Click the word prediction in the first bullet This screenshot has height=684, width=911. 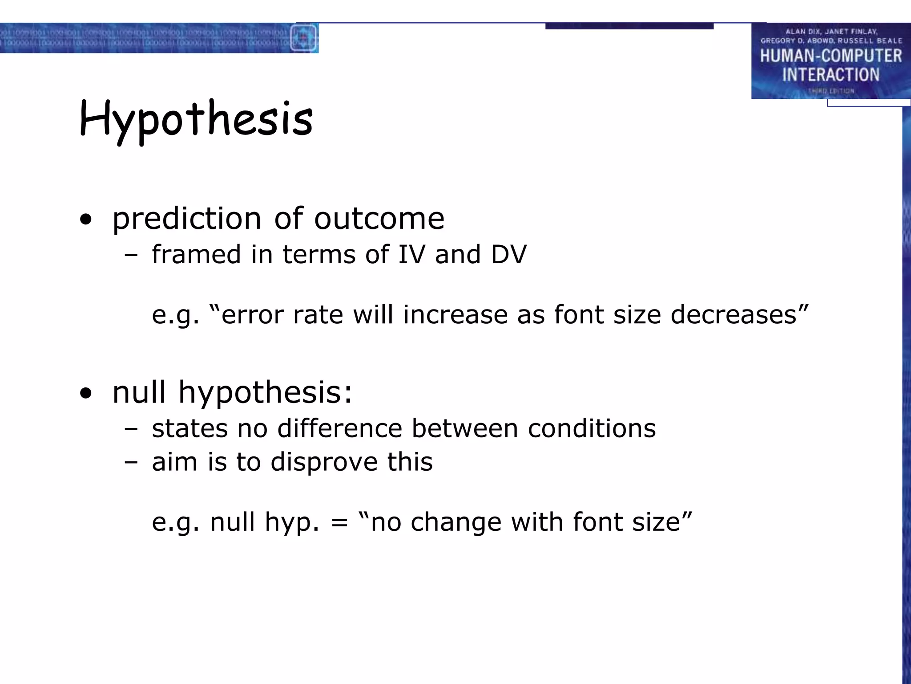click(187, 219)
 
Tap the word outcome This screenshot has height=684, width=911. click(379, 219)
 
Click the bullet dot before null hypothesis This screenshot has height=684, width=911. click(86, 393)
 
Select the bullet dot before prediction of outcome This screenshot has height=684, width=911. click(86, 219)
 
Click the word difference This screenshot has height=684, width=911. click(339, 428)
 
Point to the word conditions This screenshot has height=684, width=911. click(592, 428)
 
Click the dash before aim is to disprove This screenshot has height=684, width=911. click(131, 462)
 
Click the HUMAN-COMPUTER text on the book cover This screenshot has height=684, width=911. click(830, 56)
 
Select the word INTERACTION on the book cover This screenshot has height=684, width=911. click(830, 75)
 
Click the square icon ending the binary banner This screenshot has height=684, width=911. click(304, 38)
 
